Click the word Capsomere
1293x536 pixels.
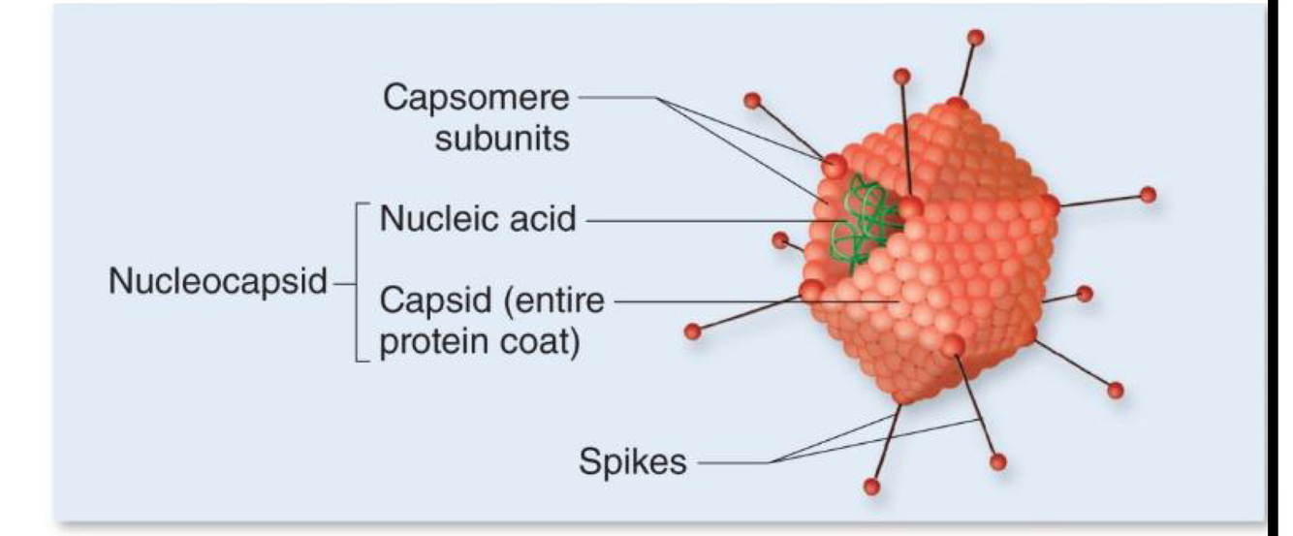(475, 97)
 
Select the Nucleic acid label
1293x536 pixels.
(477, 219)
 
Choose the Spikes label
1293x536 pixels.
(632, 461)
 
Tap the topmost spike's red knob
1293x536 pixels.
(976, 38)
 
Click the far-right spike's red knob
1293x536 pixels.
(1149, 194)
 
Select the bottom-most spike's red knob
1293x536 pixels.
(871, 485)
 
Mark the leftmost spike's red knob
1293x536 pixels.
(693, 331)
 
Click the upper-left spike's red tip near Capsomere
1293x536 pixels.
(750, 100)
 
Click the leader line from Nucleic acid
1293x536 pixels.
(698, 221)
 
